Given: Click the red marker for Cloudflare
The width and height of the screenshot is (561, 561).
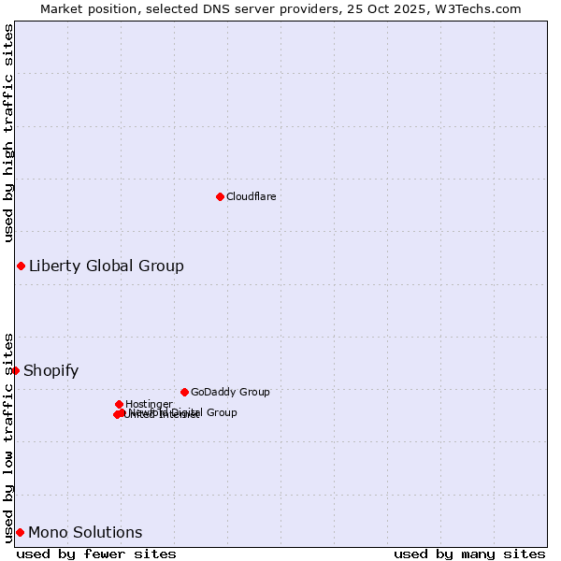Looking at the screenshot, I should pyautogui.click(x=220, y=196).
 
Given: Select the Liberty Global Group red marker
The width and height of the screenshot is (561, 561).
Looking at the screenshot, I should pyautogui.click(x=21, y=266).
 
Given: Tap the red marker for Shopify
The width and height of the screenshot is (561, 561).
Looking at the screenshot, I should pyautogui.click(x=15, y=370).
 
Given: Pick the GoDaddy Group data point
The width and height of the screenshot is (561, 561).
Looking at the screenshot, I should pyautogui.click(x=184, y=392).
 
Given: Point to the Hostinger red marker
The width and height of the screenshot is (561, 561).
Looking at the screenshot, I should pyautogui.click(x=119, y=404).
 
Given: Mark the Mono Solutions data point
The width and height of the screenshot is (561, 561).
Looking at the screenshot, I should pyautogui.click(x=20, y=532).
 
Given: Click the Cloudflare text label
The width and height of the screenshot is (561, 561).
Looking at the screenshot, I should pyautogui.click(x=251, y=196).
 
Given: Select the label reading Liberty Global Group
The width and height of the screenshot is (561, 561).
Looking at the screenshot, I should pyautogui.click(x=106, y=266).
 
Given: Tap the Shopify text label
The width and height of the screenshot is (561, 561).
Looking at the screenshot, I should pyautogui.click(x=50, y=370).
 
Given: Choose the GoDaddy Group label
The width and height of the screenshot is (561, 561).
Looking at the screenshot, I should pyautogui.click(x=229, y=392).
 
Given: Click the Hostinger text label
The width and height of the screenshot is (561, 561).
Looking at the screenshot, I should pyautogui.click(x=149, y=404).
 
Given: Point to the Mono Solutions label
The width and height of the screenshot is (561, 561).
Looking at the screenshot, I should pyautogui.click(x=85, y=532).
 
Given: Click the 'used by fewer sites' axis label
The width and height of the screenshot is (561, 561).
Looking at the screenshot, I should pyautogui.click(x=96, y=554).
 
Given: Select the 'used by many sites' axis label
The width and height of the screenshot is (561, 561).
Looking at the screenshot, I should pyautogui.click(x=469, y=554).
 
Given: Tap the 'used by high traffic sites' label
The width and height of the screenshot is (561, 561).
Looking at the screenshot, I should pyautogui.click(x=9, y=133).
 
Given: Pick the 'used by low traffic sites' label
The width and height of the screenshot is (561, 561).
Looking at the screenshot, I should pyautogui.click(x=9, y=437).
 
